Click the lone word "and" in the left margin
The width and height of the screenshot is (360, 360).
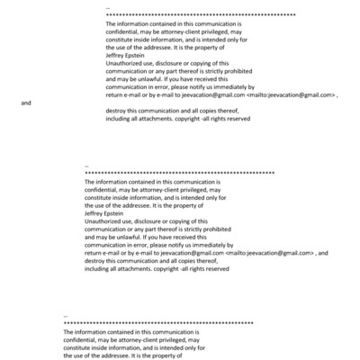coord(26,103)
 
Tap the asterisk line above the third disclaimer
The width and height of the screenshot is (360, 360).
coord(158,322)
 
